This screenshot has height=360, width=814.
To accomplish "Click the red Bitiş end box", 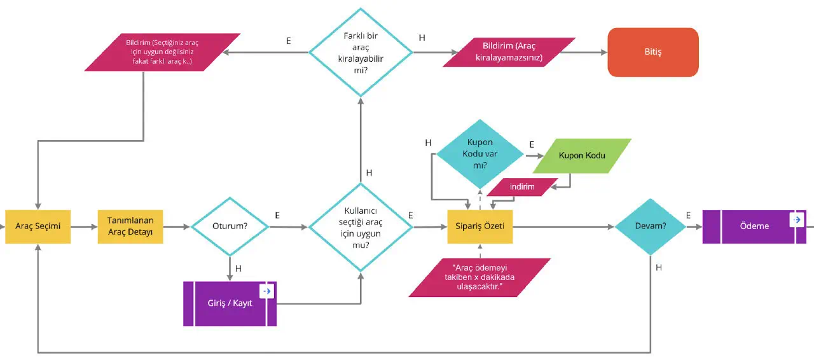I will coord(653,52).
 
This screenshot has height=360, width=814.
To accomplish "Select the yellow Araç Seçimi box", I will coord(39,226).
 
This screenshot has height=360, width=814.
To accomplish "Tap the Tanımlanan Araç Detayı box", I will coord(130,226).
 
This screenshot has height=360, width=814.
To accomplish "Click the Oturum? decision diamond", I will coord(230,226).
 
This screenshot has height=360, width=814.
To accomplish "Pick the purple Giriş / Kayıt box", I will coord(230,303).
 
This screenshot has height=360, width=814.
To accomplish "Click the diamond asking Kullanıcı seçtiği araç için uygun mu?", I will coord(361,228).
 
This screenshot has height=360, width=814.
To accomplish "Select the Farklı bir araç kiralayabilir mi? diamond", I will coord(361,52).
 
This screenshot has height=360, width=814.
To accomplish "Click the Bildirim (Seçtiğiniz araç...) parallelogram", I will coord(162,53).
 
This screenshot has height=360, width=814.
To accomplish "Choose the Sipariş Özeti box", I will coord(480,226).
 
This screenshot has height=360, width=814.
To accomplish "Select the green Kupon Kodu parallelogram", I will coord(582,156).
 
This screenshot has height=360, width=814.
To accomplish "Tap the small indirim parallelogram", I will coord(521,186).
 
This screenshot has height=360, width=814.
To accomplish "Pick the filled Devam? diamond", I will coord(650,226).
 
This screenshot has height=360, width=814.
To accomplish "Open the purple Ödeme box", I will coord(754,226).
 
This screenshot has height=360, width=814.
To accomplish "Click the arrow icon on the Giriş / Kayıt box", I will coord(267,291).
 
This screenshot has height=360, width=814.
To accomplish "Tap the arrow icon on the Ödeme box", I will coord(796,219).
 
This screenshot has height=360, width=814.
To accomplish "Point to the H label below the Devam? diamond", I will coord(659,268).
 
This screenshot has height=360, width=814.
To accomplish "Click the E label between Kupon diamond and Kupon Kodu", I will coord(532,145).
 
